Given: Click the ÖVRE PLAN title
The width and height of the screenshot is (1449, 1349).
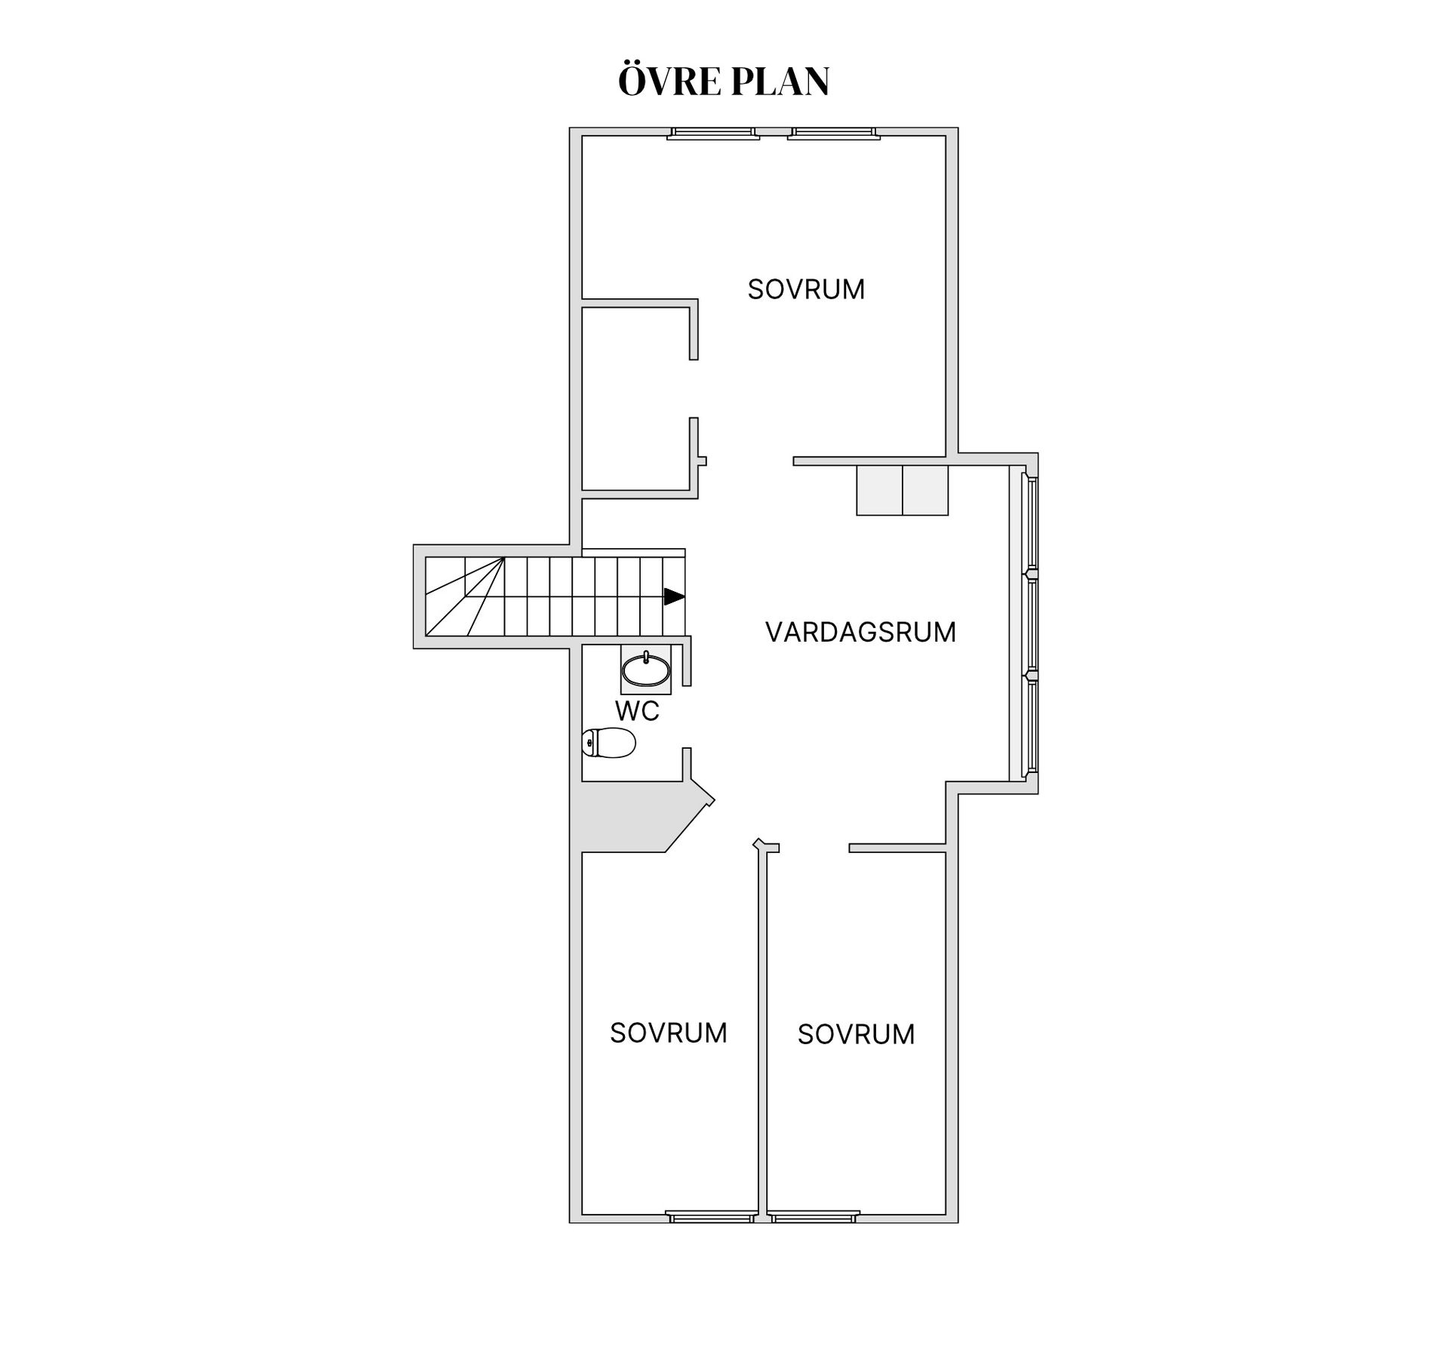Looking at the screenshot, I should click(x=724, y=82).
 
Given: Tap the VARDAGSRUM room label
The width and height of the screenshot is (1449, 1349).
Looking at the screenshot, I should click(x=860, y=633).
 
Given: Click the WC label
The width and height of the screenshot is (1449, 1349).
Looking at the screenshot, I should click(x=637, y=711).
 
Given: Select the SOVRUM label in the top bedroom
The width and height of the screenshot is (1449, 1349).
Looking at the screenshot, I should click(x=806, y=290).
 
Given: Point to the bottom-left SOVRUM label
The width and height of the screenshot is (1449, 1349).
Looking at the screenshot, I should click(x=669, y=1033).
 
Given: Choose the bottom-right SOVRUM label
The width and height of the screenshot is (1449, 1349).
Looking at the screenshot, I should click(x=856, y=1035).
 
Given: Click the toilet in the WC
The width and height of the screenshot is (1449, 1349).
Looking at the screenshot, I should click(x=610, y=743).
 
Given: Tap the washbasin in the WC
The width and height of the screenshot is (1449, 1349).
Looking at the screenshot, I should click(x=645, y=670).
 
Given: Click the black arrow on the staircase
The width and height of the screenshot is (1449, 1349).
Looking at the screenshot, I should click(x=674, y=596).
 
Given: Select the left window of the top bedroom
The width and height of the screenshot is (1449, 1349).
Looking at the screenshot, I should click(x=713, y=134).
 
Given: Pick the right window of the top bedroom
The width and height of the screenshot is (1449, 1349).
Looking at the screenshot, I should click(x=833, y=134).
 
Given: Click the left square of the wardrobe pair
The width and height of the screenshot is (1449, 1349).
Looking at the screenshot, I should click(x=879, y=491).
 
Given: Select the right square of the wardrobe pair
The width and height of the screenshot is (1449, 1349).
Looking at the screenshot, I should click(x=925, y=491).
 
